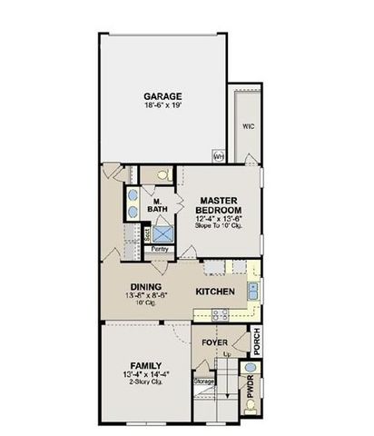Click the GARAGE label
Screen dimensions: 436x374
pyautogui.click(x=163, y=96)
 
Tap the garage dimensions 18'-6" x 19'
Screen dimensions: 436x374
pyautogui.click(x=163, y=106)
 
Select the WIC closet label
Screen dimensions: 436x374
pyautogui.click(x=247, y=126)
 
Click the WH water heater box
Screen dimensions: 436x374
pyautogui.click(x=219, y=156)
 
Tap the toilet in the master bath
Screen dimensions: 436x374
pyautogui.click(x=162, y=175)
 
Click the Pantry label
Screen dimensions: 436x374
pyautogui.click(x=160, y=247)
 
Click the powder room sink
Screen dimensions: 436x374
pyautogui.click(x=251, y=369)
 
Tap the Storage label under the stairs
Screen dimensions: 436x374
pyautogui.click(x=203, y=381)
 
